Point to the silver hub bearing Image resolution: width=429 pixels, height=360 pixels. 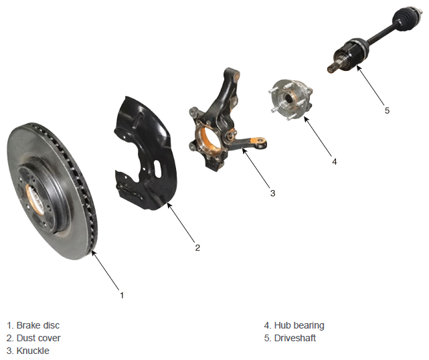click(x=291, y=99)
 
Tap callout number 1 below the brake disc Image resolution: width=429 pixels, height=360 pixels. click(x=122, y=295)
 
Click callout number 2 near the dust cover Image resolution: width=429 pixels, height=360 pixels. click(x=197, y=248)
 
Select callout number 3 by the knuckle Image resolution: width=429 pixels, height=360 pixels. click(x=272, y=193)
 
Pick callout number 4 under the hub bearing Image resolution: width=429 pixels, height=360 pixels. click(x=335, y=162)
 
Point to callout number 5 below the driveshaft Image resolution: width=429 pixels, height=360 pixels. click(x=387, y=110)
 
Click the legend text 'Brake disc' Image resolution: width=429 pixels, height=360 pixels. click(x=37, y=325)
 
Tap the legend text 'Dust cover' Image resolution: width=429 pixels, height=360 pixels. click(x=38, y=338)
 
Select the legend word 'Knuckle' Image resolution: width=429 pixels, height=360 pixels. click(x=33, y=351)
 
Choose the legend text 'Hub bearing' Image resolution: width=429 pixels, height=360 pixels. click(x=299, y=325)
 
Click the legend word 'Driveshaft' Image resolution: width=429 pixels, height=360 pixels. click(x=295, y=338)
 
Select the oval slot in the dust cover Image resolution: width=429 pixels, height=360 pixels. click(x=157, y=169)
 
